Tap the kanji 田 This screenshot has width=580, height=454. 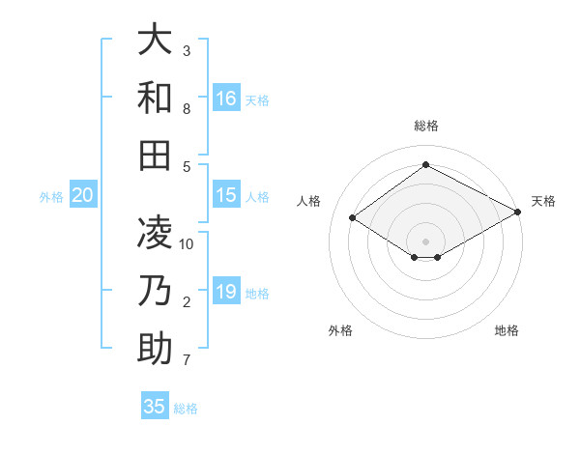(x=154, y=154)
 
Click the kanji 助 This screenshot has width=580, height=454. (x=154, y=348)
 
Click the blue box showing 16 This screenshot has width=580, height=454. (x=226, y=99)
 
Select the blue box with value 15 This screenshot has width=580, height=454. (x=226, y=195)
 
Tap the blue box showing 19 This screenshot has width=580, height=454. (x=226, y=292)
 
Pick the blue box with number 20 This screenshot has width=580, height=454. (x=82, y=195)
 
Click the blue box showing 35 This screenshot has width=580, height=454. (x=155, y=406)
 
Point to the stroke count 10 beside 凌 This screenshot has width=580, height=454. (x=187, y=243)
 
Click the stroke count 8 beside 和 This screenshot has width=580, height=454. (x=187, y=109)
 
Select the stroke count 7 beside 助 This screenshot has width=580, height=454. (x=187, y=361)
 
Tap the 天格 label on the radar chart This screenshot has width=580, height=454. (x=544, y=201)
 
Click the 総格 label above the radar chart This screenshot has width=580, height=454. (x=425, y=126)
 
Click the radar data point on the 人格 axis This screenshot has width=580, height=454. (x=353, y=218)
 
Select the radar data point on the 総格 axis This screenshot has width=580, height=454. (x=425, y=164)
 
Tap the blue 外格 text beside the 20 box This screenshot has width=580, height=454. (x=51, y=197)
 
